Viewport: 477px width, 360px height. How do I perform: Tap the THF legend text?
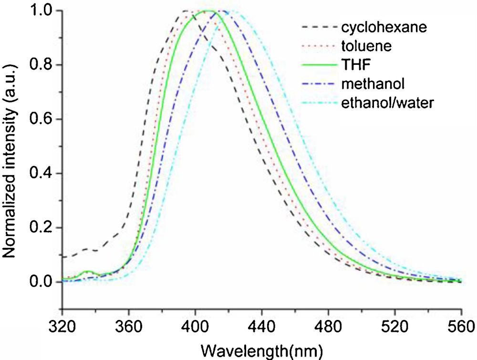click(x=355, y=65)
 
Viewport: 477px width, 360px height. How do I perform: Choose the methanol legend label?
click(x=373, y=84)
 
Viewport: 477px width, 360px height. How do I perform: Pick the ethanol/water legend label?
click(x=387, y=103)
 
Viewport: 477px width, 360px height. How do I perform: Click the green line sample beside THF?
click(x=317, y=65)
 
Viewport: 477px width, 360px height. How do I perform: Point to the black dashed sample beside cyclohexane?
click(x=317, y=27)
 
